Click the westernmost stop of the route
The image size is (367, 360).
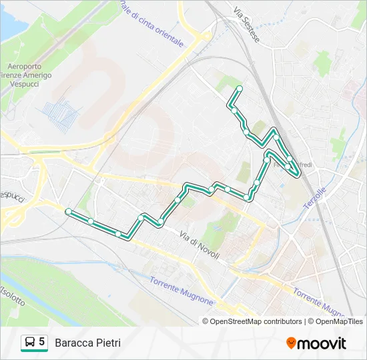click(x=68, y=211)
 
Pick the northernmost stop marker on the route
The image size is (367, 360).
click(x=240, y=89)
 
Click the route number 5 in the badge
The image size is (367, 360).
click(x=42, y=342)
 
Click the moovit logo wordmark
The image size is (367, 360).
click(x=322, y=343)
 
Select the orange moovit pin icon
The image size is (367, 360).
click(x=291, y=343)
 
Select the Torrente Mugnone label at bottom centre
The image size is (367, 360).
click(x=181, y=291)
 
